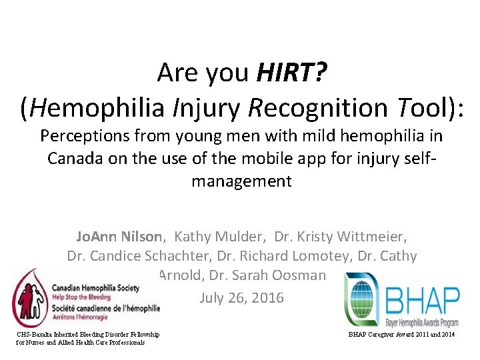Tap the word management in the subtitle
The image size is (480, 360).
(241, 181)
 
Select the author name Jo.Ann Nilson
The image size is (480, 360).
(119, 236)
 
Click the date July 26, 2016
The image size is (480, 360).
(241, 297)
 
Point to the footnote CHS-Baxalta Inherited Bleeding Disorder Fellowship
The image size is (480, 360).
(89, 334)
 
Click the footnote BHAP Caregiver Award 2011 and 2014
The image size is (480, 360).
(401, 334)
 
